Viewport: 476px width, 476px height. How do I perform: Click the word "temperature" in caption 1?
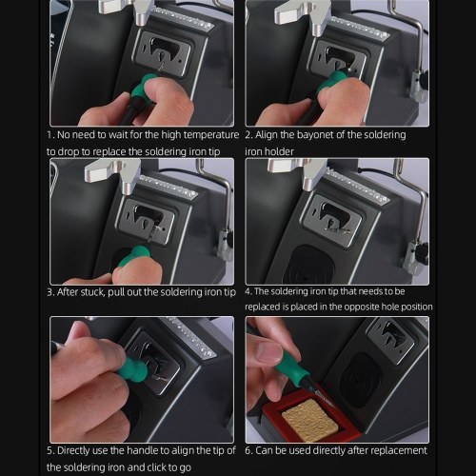click(211, 135)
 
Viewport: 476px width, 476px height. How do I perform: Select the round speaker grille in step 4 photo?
click(308, 265)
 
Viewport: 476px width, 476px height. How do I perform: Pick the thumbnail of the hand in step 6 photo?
click(269, 350)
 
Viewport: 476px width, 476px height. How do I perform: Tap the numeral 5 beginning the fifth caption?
click(50, 451)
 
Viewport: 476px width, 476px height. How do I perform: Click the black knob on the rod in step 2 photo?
click(424, 79)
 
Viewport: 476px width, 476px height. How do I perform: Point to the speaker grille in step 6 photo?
click(361, 380)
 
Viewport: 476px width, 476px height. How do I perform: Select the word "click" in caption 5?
click(157, 467)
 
